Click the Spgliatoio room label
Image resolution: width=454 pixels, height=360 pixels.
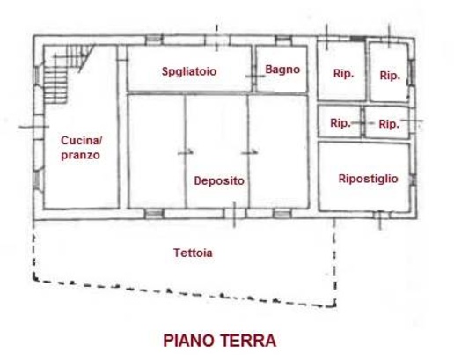(x=189, y=71)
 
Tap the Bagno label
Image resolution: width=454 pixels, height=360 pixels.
(x=282, y=70)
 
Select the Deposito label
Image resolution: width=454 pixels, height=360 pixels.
(x=219, y=180)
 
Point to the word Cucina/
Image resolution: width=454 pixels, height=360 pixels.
(x=81, y=141)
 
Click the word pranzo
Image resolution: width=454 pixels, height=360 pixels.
(x=80, y=155)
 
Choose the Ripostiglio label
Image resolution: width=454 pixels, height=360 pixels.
(x=369, y=179)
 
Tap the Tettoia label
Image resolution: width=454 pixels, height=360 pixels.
(x=193, y=253)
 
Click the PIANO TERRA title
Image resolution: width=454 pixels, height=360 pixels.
(x=220, y=341)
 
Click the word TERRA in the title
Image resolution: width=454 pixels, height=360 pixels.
(x=248, y=341)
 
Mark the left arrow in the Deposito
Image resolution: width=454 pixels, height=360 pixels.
(x=186, y=151)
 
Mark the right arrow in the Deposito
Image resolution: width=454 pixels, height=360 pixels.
(x=250, y=152)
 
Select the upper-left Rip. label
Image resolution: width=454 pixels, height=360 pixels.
(x=343, y=73)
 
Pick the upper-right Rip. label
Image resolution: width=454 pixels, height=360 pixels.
(x=390, y=76)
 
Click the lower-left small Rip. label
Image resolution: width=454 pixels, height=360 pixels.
(x=340, y=123)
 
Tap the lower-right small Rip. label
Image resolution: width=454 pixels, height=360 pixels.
(x=389, y=124)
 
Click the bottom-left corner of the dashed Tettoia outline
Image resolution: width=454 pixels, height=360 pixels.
(x=34, y=279)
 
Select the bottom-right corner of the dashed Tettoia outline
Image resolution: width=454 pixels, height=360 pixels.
(x=334, y=306)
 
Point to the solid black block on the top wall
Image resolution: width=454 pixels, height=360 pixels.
(x=358, y=39)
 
